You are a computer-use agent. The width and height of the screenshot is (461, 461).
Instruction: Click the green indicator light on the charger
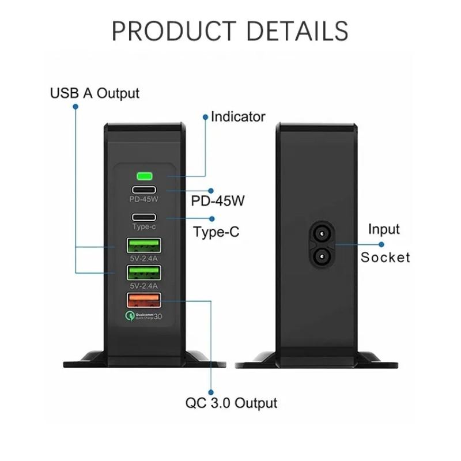click(x=143, y=176)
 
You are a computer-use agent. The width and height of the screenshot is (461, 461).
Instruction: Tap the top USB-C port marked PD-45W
click(x=143, y=190)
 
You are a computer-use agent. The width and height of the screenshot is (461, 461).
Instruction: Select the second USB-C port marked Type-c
click(x=143, y=218)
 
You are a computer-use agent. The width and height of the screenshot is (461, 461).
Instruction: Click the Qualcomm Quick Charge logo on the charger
click(x=143, y=316)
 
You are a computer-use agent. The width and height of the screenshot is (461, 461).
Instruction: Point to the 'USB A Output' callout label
click(x=95, y=93)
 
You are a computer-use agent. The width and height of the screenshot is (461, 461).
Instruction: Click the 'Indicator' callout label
click(x=238, y=117)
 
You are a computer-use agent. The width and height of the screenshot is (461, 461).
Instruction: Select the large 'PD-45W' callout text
click(x=218, y=201)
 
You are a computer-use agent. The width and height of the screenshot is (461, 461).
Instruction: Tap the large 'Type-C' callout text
click(x=216, y=232)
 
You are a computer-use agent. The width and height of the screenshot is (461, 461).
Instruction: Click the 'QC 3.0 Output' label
click(x=231, y=403)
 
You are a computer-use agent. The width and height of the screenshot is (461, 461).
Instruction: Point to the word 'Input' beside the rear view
click(x=384, y=229)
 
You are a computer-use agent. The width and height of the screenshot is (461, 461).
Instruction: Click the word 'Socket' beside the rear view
click(x=386, y=257)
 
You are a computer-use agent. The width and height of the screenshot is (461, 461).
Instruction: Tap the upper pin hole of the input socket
click(x=321, y=233)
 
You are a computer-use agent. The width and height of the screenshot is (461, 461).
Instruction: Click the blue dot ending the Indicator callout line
click(x=205, y=117)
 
